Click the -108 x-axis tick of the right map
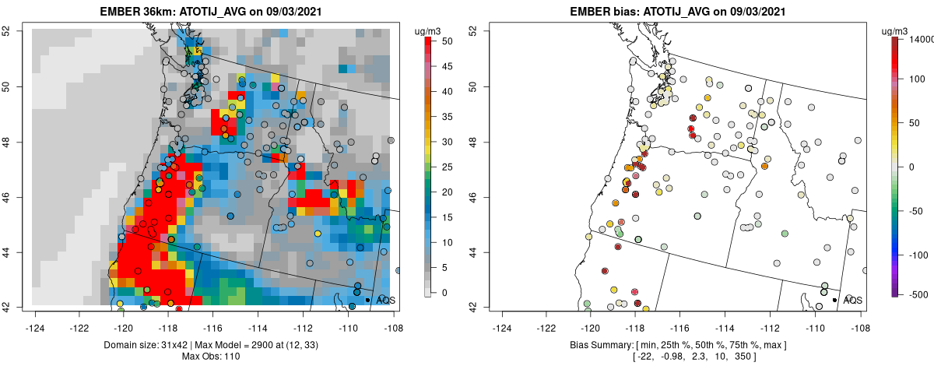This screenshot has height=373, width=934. coord(859,318)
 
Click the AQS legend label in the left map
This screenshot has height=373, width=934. coord(386,300)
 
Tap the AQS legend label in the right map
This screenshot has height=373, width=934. coord(853,300)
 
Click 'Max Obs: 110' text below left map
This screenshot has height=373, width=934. coord(212,356)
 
